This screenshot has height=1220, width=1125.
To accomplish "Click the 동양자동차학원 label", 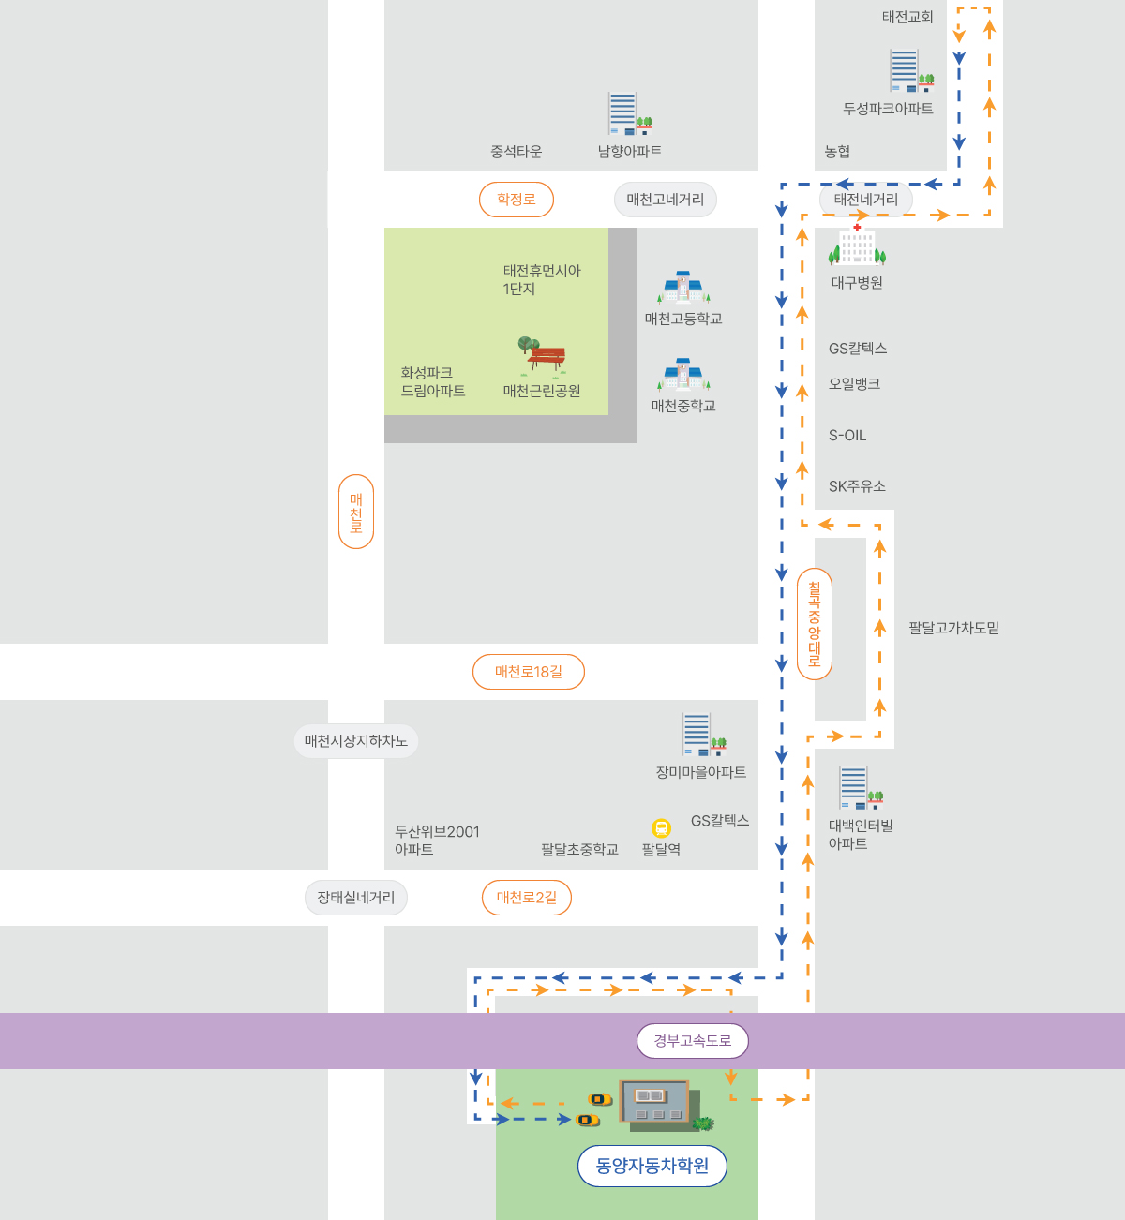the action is (x=652, y=1166).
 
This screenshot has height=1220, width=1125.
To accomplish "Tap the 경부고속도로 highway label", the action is (x=692, y=1041).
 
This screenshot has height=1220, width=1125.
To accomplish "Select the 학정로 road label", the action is (x=517, y=200).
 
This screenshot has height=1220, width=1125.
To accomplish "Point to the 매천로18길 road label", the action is (x=529, y=672).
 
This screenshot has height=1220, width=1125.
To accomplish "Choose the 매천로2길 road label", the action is (x=527, y=897).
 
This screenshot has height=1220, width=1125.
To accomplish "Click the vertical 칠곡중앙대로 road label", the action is (x=815, y=624).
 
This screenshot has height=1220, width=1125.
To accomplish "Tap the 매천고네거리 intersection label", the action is (x=666, y=200).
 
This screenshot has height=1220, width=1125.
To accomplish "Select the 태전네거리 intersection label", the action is (x=865, y=200).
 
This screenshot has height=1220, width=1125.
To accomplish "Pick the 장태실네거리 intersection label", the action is (x=356, y=897).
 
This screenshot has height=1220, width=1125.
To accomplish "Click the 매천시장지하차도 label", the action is (x=356, y=741).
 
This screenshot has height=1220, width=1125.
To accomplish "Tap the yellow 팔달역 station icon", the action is (x=661, y=827).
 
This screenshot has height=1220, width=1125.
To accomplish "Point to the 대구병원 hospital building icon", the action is (x=857, y=245).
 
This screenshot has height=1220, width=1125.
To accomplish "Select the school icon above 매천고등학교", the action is (x=683, y=287).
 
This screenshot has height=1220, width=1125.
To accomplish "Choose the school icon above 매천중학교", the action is (x=683, y=374).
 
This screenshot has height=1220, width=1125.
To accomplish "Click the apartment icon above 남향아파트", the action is (x=630, y=113).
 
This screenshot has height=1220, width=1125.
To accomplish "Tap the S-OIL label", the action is (x=847, y=436).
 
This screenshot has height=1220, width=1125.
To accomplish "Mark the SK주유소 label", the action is (x=857, y=486).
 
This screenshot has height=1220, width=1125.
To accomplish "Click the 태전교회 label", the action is (x=907, y=17).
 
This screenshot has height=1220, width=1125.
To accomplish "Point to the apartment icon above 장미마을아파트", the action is (x=704, y=734).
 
